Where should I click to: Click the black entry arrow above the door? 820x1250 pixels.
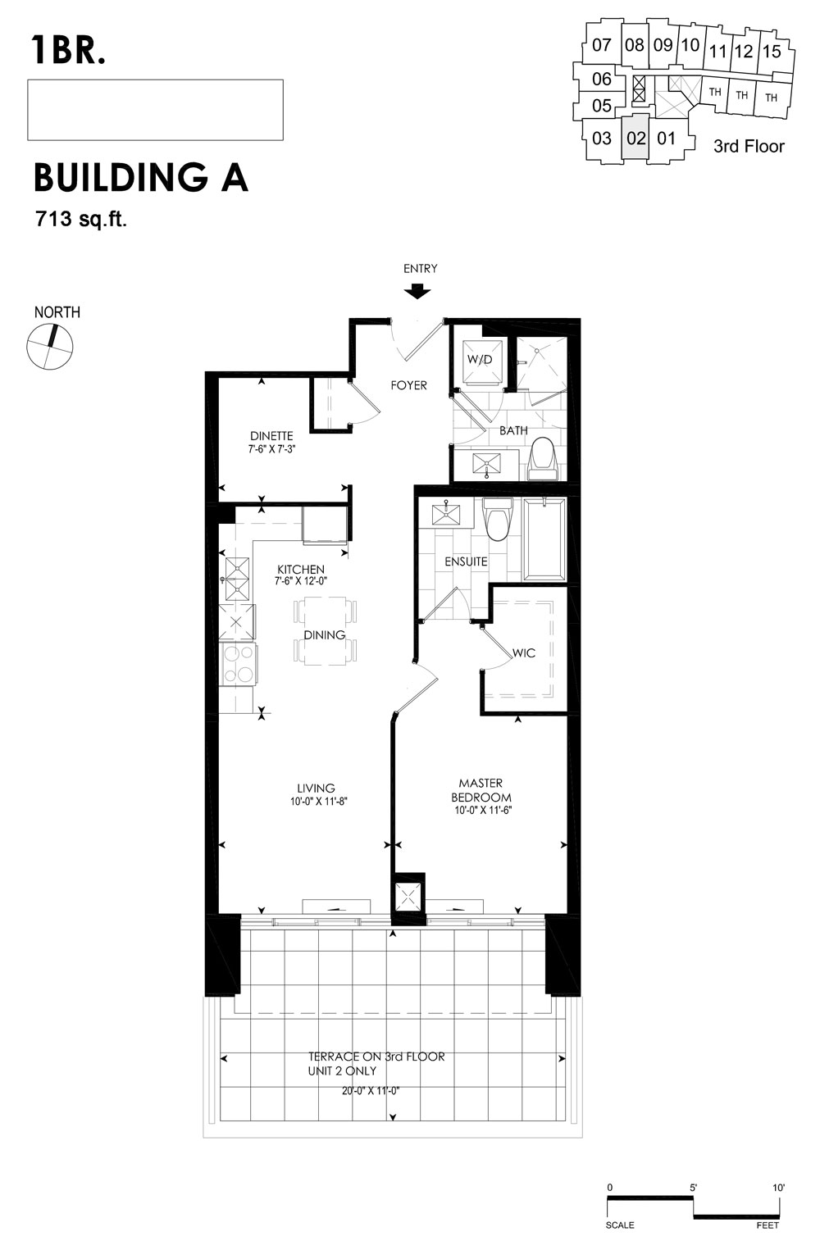[x=417, y=291]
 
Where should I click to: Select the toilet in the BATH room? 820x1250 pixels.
[x=542, y=459]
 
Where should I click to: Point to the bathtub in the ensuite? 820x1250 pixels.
[x=544, y=539]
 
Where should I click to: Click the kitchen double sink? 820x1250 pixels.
[x=238, y=580]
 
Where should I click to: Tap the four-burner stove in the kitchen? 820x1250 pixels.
[x=239, y=664]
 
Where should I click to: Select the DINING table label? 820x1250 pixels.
[x=325, y=635]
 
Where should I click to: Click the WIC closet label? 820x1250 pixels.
[x=524, y=652]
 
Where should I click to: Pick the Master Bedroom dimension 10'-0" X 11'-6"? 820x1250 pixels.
[x=483, y=811]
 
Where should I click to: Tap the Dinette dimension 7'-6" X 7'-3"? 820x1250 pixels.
[x=271, y=448]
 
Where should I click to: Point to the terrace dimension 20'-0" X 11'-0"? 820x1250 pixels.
[x=371, y=1090]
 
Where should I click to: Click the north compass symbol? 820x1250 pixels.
[x=50, y=346]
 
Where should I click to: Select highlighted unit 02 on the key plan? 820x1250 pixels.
[x=635, y=138]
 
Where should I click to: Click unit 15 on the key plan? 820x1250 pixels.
[x=772, y=52]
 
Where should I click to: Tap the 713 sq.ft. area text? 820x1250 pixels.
[x=81, y=220]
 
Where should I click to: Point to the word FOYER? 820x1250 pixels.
[x=408, y=385]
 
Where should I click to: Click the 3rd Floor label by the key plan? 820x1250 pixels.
[x=749, y=146]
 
